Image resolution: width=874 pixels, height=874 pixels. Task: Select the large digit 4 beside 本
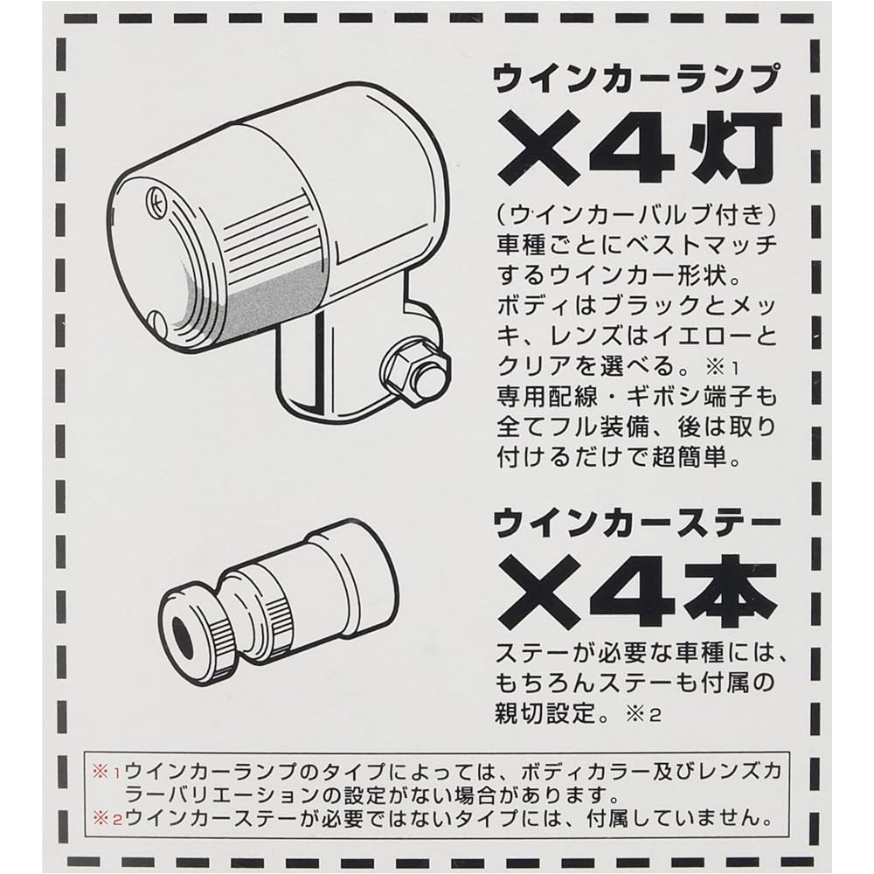coord(636,593)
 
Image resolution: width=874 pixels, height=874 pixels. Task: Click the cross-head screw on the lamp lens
coord(156,199)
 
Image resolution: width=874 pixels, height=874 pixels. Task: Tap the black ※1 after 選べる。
coord(723,367)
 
